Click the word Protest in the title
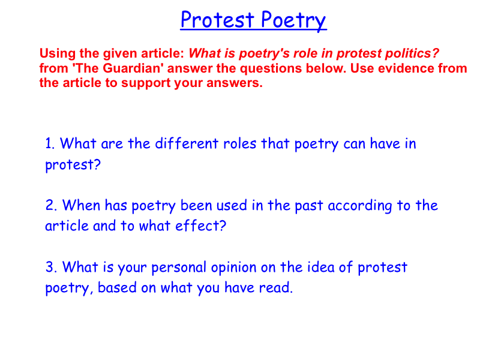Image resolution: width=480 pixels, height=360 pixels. click(x=217, y=20)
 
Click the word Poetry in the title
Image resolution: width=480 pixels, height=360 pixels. click(x=293, y=21)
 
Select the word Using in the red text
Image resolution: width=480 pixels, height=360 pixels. click(x=57, y=54)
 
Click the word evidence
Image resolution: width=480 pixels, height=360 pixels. click(x=404, y=68)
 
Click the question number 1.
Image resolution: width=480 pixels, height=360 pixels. click(x=50, y=143)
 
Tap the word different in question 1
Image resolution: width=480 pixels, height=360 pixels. click(x=187, y=143)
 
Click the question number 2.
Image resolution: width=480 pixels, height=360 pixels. click(x=51, y=205)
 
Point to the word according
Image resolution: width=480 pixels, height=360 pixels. click(x=359, y=206)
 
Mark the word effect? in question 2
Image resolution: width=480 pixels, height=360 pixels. click(x=200, y=226)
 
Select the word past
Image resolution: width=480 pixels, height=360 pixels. click(x=308, y=206)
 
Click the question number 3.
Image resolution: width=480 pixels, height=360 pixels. click(x=51, y=267)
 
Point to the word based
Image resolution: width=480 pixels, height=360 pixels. click(x=117, y=288)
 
